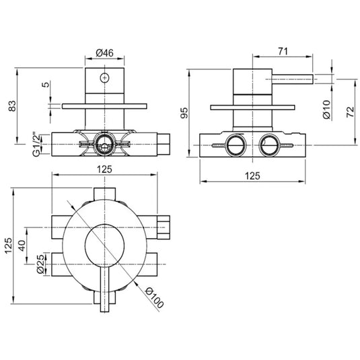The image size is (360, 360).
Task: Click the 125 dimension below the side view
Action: pyautogui.click(x=252, y=176)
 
